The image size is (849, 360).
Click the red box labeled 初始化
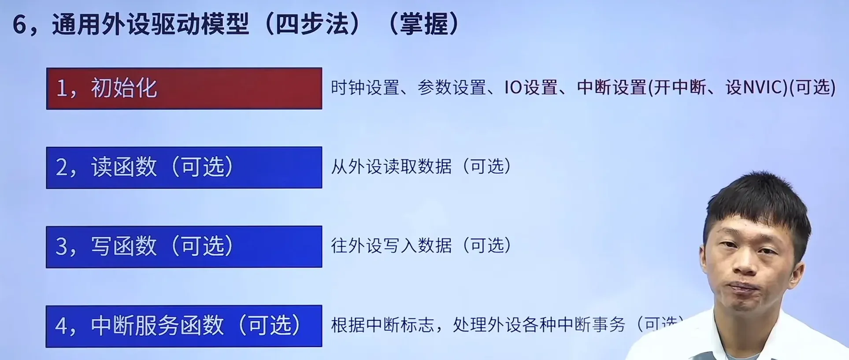pos(184,88)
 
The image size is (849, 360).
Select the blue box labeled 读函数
pos(184,167)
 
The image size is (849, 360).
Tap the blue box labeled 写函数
pos(184,247)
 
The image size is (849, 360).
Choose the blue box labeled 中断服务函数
pos(184,326)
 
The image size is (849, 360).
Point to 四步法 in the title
pos(317,24)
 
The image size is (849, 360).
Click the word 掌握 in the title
pos(423,24)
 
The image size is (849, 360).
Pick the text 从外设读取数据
pos(391,167)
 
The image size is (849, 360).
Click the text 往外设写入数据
pos(391,245)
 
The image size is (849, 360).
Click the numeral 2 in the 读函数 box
pos(62,168)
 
